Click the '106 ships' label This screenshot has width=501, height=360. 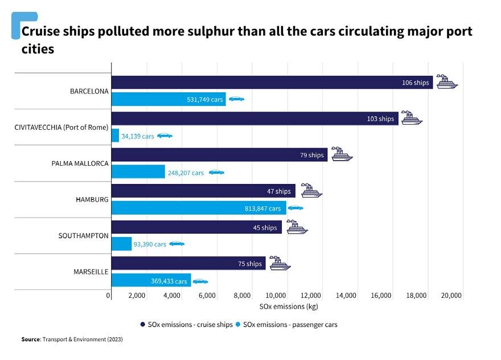click(415, 83)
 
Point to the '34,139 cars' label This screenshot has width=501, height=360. click(137, 136)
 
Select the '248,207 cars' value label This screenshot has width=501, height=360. click(186, 173)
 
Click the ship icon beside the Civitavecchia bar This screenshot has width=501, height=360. click(411, 118)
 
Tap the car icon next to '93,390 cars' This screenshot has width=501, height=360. click(177, 244)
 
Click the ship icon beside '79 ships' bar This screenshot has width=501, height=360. click(342, 154)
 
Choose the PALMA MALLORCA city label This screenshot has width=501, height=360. click(80, 163)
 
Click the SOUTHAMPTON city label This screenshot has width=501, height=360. click(83, 235)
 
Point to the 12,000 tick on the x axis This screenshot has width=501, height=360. click(312, 296)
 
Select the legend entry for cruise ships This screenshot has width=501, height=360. click(186, 325)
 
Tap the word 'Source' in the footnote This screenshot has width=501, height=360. click(30, 339)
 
